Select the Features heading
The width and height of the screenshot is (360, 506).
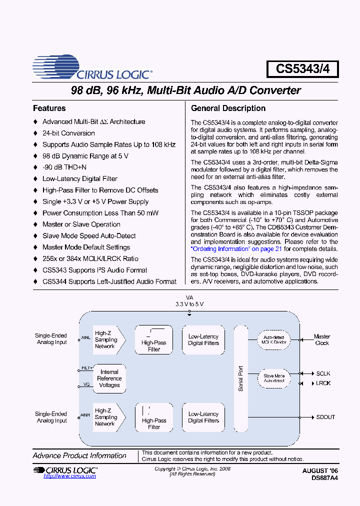[49, 108]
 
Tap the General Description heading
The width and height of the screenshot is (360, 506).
[228, 108]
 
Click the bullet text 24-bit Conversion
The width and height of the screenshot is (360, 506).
[68, 133]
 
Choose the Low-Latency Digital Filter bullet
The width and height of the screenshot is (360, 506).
[79, 179]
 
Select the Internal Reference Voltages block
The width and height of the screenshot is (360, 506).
[109, 378]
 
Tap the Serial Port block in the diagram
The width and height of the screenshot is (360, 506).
[240, 378]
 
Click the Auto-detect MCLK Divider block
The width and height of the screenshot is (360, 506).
[274, 340]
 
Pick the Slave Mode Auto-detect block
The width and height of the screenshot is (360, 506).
[274, 378]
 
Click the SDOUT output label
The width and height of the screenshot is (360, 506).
[325, 417]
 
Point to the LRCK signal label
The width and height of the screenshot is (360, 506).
[323, 383]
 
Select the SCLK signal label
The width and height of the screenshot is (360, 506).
[323, 373]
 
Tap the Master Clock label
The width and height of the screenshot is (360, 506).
[322, 340]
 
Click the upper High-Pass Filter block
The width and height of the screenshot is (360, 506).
[153, 340]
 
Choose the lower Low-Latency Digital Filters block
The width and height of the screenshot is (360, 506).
[203, 417]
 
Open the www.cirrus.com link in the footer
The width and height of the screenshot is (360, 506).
[69, 476]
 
